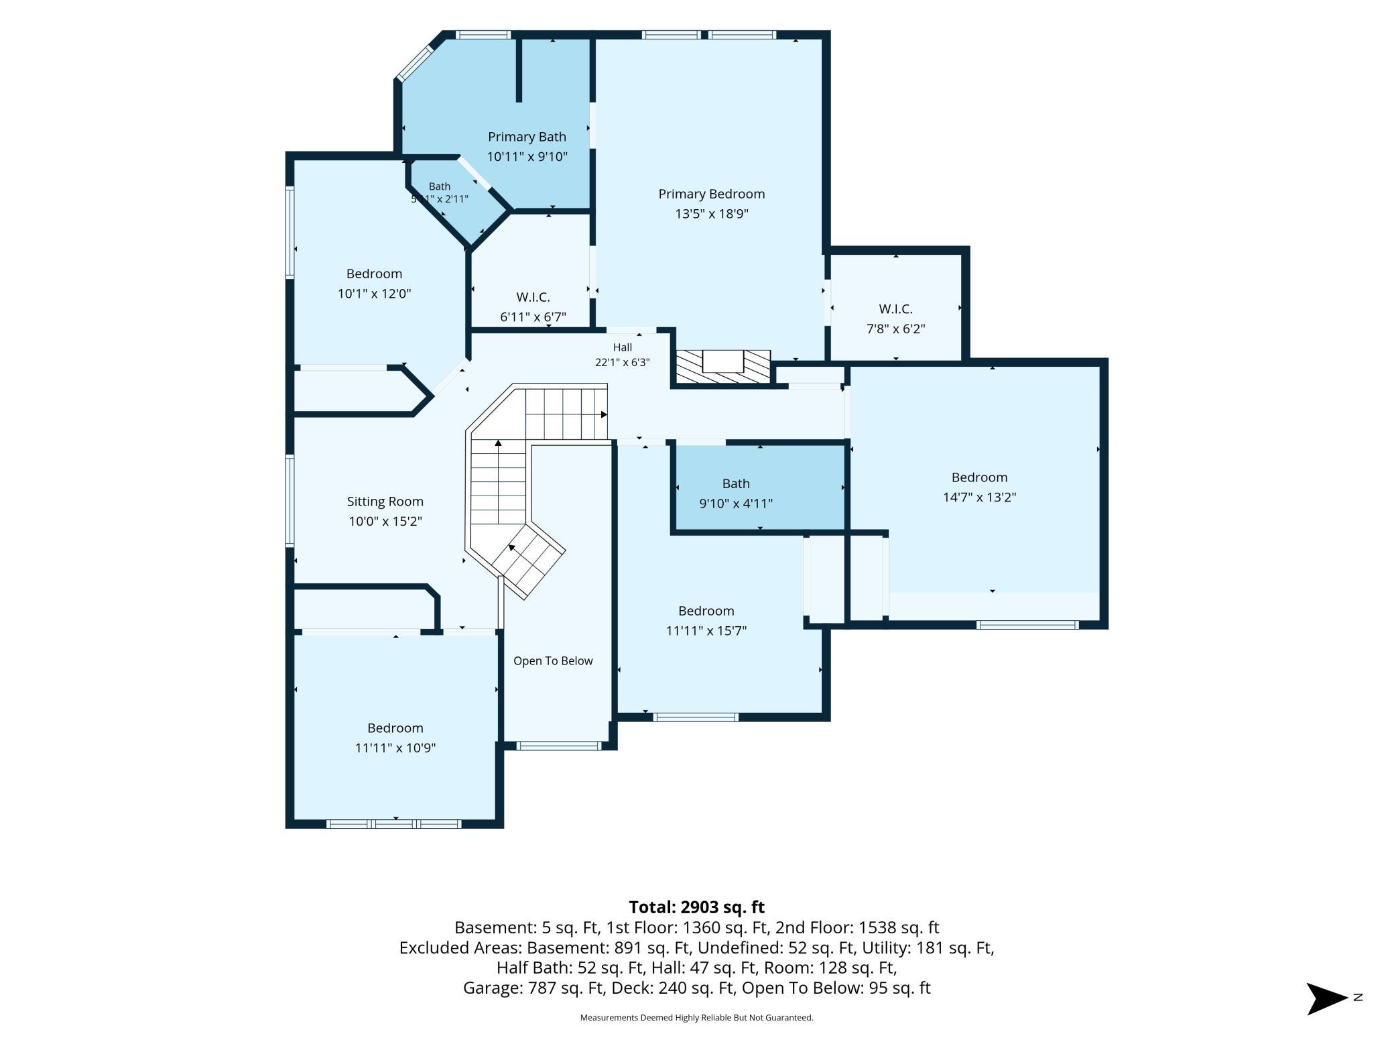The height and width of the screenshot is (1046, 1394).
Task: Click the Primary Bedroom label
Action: (x=711, y=194)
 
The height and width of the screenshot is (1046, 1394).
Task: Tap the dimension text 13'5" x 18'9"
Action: (x=711, y=214)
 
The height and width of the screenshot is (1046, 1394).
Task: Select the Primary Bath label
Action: (x=527, y=137)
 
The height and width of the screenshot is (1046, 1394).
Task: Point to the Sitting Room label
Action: (x=385, y=502)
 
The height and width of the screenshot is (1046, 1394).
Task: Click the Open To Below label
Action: (x=553, y=661)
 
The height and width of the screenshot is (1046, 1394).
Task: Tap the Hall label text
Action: (x=622, y=347)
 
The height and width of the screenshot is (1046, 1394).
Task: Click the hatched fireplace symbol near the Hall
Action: (x=722, y=367)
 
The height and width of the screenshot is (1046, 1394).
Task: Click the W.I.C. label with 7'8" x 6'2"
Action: (x=895, y=309)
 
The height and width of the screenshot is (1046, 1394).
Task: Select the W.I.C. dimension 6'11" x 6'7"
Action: (x=533, y=316)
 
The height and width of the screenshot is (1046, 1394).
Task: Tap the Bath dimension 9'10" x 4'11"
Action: (x=736, y=504)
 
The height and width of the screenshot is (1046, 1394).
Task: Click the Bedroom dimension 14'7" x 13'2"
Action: (x=979, y=498)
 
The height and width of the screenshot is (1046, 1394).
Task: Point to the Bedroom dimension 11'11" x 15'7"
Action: (x=706, y=631)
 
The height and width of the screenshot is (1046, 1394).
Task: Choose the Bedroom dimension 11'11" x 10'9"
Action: (x=395, y=748)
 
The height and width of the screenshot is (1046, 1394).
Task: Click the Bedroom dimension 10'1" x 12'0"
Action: (x=374, y=294)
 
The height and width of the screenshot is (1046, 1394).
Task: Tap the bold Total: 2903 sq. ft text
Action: (x=696, y=907)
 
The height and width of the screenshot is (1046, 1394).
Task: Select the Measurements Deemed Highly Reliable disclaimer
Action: (x=696, y=1018)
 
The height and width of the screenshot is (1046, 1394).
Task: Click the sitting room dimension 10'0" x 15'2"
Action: (x=385, y=522)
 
